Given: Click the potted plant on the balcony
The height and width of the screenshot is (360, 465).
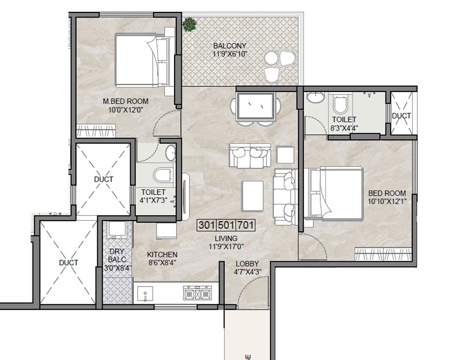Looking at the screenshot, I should pos(190,23).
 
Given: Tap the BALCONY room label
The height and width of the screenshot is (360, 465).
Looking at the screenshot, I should pos(230,45).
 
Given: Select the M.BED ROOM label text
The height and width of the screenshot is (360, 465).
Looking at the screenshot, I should pos(126,101).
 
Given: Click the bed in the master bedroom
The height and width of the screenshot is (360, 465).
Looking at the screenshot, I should pos(143,60).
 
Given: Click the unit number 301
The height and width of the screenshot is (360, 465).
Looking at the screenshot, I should pos(207,225).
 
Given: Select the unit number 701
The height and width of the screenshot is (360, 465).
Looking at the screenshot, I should pos(246,225).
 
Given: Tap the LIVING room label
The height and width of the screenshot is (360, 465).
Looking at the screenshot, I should pos(227,238).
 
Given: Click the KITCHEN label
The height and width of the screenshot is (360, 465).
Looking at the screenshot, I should pos(162,255).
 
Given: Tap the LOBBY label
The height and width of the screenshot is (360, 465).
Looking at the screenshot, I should pos(247,263).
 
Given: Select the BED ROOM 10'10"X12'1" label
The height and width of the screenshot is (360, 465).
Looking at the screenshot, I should pos(387,197).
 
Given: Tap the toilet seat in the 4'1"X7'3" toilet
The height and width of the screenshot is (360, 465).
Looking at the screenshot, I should pos(163,175).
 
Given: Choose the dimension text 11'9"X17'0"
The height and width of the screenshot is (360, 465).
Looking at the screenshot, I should pos(227,246).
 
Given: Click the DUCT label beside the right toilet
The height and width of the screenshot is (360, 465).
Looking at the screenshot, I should pos(401,116).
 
